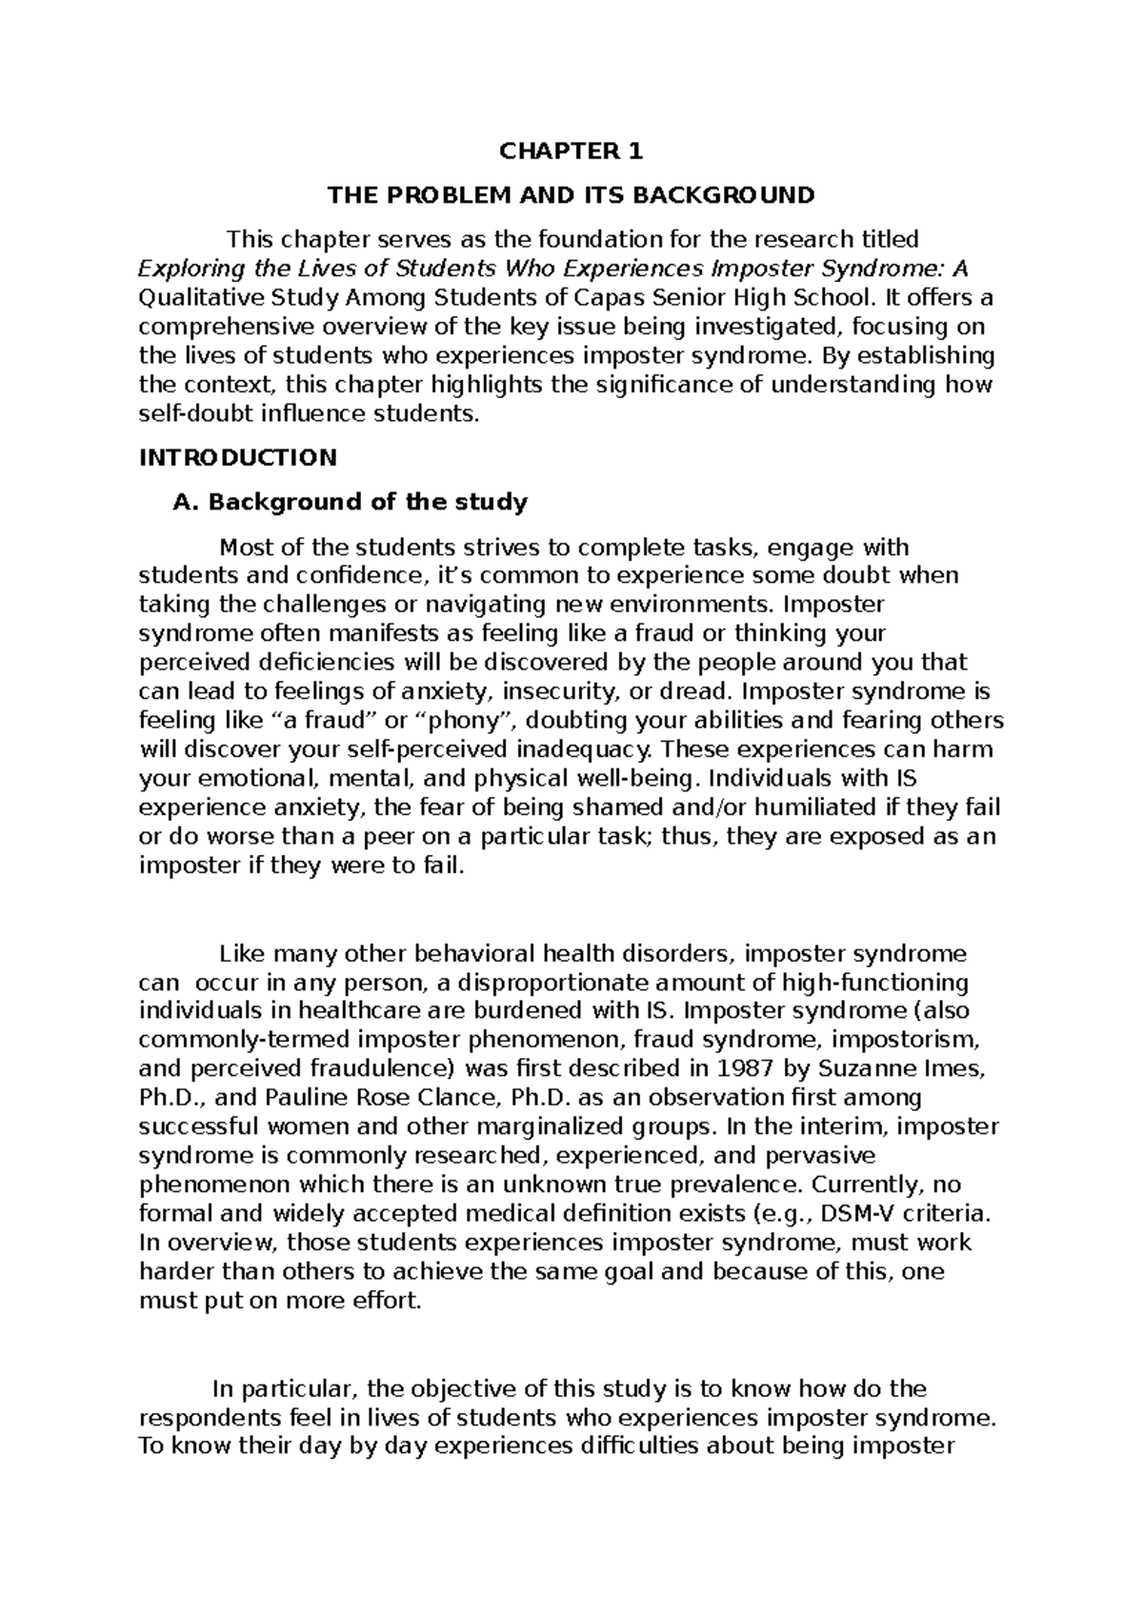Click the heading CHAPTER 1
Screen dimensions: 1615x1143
pos(571,151)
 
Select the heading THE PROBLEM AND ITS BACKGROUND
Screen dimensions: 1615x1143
pos(571,196)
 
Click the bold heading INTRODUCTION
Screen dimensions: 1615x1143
pos(238,458)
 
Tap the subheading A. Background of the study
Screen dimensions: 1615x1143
pos(350,502)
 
